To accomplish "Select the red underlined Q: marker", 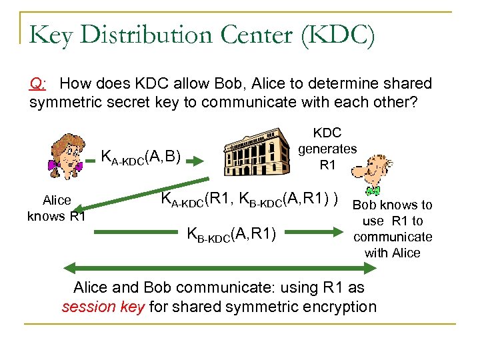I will pos(38,84).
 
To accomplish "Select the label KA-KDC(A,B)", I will pos(140,158).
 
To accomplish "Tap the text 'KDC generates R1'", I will pos(327,149).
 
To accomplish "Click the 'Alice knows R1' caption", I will pos(57,208).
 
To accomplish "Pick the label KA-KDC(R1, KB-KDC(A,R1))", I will pos(250,199).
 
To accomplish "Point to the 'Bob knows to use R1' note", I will pos(393,229).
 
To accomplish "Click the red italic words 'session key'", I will pos(103,307).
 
